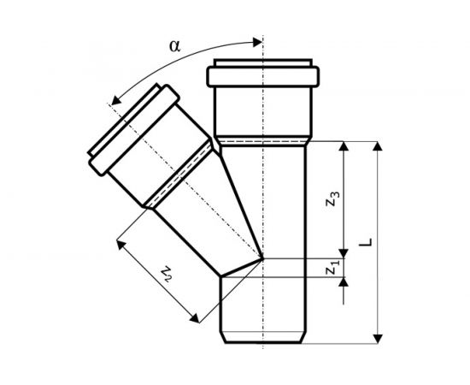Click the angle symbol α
(x=175, y=46)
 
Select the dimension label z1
(x=332, y=268)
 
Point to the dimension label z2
(x=167, y=274)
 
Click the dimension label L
(x=366, y=242)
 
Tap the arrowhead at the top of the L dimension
(x=379, y=145)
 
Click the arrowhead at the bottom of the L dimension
(x=379, y=339)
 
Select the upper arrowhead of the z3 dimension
(x=344, y=145)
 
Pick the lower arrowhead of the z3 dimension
(x=344, y=253)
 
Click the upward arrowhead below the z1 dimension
(x=344, y=281)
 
